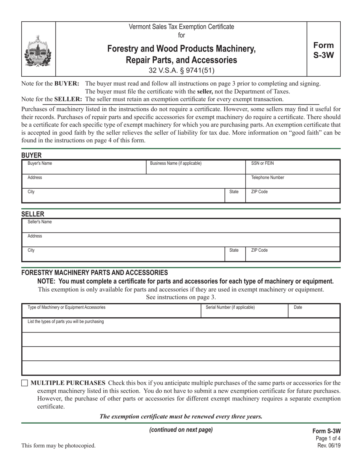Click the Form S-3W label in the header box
click(x=324, y=50)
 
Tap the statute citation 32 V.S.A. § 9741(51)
click(x=181, y=70)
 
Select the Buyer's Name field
click(x=84, y=167)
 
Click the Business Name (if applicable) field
click(x=196, y=167)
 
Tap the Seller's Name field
click(x=181, y=226)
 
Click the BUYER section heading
click(x=31, y=155)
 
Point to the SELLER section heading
click(x=33, y=214)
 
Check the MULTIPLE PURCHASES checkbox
click(x=25, y=383)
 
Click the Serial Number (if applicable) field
click(x=244, y=311)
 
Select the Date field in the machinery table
click(x=314, y=311)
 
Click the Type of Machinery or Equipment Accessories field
click(x=111, y=311)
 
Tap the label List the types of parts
click(x=66, y=321)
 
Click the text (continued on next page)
click(x=181, y=430)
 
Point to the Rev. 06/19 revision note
click(x=329, y=445)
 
